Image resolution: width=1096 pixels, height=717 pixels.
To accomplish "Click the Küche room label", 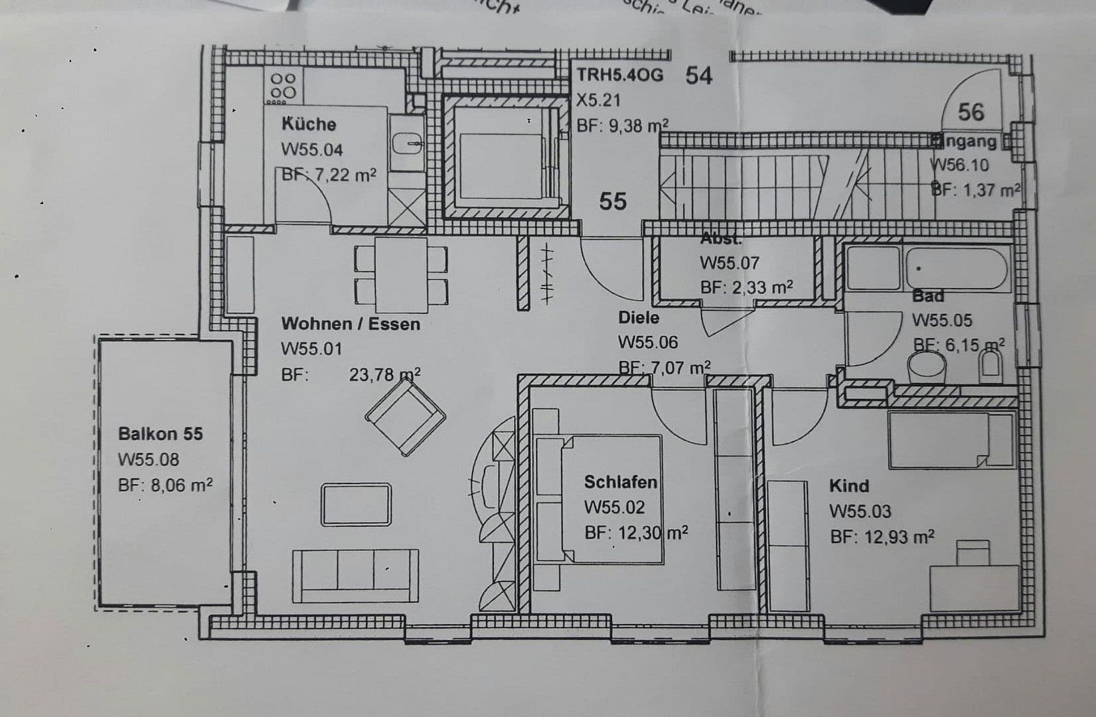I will [x=309, y=124].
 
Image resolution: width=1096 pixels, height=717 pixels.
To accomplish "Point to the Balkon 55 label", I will [x=161, y=434].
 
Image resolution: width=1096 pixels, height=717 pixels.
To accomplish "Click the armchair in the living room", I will [x=405, y=419].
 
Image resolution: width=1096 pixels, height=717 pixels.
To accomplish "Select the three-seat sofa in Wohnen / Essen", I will [x=355, y=575].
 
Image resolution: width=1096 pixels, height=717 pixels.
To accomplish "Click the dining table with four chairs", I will [x=401, y=274].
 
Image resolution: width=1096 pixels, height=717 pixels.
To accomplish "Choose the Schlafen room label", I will [x=621, y=482].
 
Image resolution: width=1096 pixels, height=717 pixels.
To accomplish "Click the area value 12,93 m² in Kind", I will [x=882, y=537].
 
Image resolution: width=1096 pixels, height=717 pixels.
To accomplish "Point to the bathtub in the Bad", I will [x=957, y=268].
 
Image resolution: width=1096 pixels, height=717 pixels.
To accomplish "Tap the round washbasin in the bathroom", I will [x=927, y=366].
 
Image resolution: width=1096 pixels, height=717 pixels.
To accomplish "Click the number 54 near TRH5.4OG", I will [x=698, y=76].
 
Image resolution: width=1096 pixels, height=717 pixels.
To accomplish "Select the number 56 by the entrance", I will [x=971, y=112].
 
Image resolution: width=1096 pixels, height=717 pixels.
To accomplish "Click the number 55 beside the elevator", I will [x=612, y=200].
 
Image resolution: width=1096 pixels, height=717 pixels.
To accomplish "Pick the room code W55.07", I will [x=729, y=264].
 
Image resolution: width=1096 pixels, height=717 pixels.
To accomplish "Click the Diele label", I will [x=639, y=318].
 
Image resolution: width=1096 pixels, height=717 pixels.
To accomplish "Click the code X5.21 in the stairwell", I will [x=598, y=100].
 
